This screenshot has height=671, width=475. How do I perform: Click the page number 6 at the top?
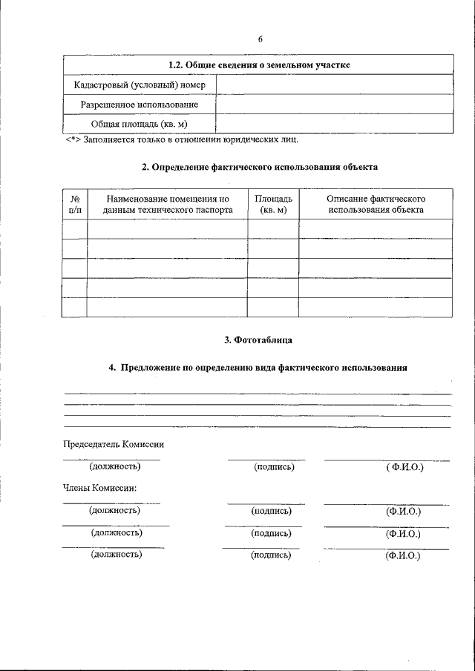pyautogui.click(x=261, y=39)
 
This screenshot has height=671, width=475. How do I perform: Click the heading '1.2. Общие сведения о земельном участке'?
pyautogui.click(x=259, y=65)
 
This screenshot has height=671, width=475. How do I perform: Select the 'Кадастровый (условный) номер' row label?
pyautogui.click(x=139, y=85)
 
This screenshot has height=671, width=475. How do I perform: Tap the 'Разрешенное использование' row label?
pyautogui.click(x=139, y=105)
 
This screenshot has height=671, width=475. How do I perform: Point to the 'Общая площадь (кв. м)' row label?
pyautogui.click(x=139, y=124)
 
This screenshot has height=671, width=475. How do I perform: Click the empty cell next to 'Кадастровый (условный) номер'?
pyautogui.click(x=334, y=85)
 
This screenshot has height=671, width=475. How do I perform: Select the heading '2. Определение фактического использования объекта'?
pyautogui.click(x=260, y=167)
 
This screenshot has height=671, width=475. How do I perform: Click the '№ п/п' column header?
pyautogui.click(x=75, y=205)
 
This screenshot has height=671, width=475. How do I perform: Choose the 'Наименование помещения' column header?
pyautogui.click(x=167, y=205)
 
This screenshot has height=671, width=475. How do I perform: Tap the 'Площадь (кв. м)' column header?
pyautogui.click(x=273, y=205)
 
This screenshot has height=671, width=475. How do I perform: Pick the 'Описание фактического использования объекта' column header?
pyautogui.click(x=376, y=205)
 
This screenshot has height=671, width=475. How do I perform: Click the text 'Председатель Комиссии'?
pyautogui.click(x=113, y=444)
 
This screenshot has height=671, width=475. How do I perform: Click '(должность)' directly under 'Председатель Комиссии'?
pyautogui.click(x=115, y=467)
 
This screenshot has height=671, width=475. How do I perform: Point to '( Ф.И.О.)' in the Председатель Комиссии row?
pyautogui.click(x=404, y=468)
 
